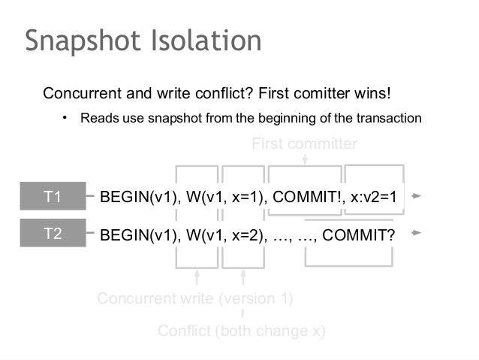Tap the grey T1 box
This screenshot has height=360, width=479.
tap(53, 198)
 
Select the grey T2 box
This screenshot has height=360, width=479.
tap(53, 233)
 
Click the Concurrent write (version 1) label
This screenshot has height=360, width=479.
tap(194, 299)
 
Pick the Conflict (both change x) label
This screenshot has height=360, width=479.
tap(241, 331)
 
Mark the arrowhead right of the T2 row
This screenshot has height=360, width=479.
tap(417, 232)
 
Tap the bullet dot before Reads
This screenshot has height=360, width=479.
tap(65, 118)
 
